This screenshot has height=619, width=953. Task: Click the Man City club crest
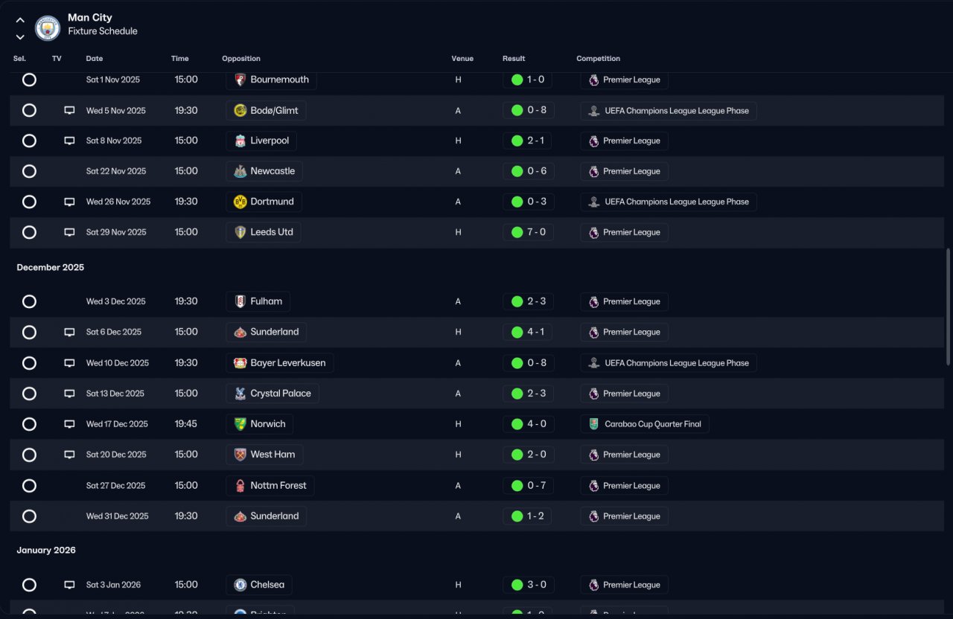click(x=48, y=28)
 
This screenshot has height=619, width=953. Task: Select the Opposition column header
click(x=241, y=59)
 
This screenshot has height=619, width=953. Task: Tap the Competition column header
click(x=598, y=59)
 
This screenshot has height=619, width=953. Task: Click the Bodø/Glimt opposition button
click(x=266, y=111)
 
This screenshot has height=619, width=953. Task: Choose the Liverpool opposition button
click(x=261, y=141)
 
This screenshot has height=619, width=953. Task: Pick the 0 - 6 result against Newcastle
click(x=528, y=171)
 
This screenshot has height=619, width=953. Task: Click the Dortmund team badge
click(x=240, y=202)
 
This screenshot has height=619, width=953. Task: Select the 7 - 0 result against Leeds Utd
click(x=528, y=232)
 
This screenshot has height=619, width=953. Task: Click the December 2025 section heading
click(x=51, y=267)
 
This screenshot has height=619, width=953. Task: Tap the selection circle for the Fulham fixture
click(x=29, y=301)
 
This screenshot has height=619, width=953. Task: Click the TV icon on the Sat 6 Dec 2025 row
click(x=69, y=332)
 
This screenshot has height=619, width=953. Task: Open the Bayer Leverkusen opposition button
click(x=279, y=363)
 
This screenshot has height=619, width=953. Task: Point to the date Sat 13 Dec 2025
click(x=115, y=394)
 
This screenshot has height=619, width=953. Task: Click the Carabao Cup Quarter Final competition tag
click(x=644, y=424)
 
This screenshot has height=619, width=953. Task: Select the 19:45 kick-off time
click(x=186, y=424)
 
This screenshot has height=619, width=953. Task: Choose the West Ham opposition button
click(x=264, y=455)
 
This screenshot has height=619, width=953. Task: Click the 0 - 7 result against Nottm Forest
click(x=528, y=486)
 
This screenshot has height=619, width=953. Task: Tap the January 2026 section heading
click(x=46, y=550)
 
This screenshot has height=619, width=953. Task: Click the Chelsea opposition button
click(x=259, y=585)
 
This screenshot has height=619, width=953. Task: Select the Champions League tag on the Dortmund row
click(x=668, y=202)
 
